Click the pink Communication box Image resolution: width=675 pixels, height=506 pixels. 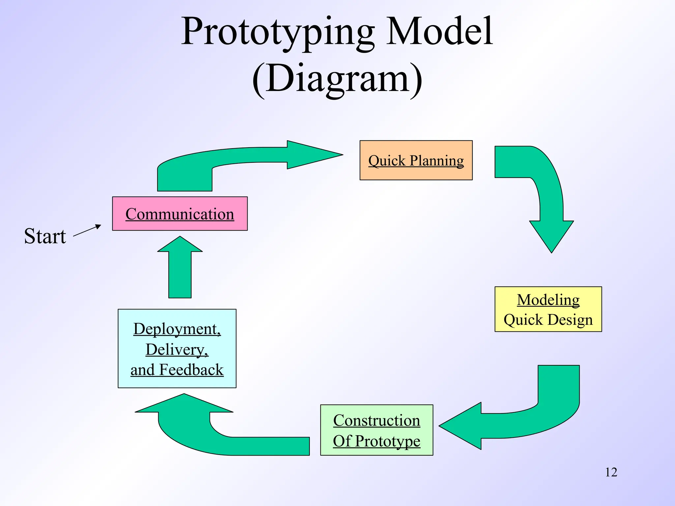point(180,213)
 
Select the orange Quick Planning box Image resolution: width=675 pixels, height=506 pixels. point(416,160)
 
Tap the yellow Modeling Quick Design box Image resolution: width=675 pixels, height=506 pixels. point(548,309)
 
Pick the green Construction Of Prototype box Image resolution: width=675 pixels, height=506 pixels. point(376,430)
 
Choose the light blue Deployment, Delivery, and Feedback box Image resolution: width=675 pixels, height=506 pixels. point(177,348)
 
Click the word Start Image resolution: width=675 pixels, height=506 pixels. point(45,236)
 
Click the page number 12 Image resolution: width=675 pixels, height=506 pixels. point(611,472)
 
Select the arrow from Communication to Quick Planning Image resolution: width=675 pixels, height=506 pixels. point(231,158)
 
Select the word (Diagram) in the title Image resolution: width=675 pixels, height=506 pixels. point(337,79)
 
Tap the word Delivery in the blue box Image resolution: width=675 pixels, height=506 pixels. point(177,350)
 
